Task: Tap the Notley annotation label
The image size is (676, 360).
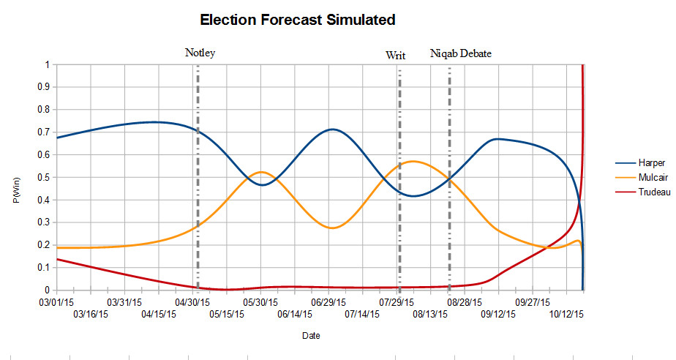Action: [x=200, y=53]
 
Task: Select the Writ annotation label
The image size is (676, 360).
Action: [x=395, y=56]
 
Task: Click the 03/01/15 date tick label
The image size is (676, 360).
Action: [x=56, y=301]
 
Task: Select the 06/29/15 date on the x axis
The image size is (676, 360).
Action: [x=328, y=301]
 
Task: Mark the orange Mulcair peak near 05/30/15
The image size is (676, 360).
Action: [x=261, y=172]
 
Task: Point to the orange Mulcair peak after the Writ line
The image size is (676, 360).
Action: [x=413, y=161]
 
